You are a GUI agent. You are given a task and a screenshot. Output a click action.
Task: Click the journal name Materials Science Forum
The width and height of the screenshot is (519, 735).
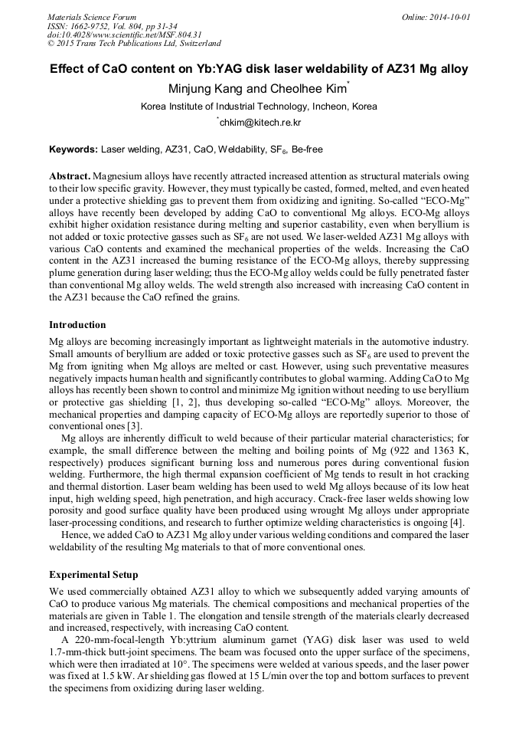tap(92, 16)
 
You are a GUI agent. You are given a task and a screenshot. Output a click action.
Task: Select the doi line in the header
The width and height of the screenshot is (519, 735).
tap(124, 34)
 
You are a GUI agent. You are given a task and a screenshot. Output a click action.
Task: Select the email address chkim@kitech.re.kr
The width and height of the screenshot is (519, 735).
tap(260, 123)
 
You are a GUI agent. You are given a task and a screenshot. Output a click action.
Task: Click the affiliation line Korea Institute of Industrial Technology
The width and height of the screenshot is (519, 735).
tap(259, 107)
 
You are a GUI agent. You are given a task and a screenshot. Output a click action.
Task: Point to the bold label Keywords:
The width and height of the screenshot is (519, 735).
tap(73, 149)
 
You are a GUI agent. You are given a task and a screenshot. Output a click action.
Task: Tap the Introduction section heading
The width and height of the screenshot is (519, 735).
tap(77, 325)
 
